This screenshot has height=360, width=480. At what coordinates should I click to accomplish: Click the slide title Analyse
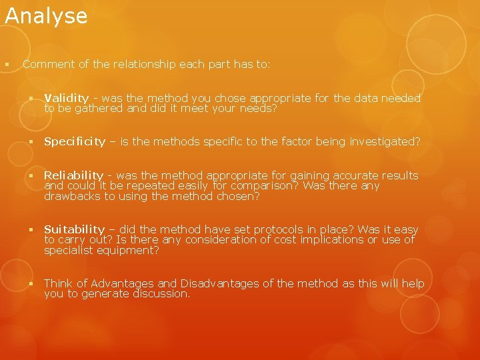coord(46,16)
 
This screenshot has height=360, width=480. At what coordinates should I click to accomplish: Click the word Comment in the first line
coord(49,65)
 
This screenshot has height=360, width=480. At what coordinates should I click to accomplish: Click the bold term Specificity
coord(75,141)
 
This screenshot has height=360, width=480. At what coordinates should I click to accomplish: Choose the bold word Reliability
coord(73,176)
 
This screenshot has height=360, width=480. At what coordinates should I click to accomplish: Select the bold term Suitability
coord(74,230)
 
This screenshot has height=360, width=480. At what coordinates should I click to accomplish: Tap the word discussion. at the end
coord(162,294)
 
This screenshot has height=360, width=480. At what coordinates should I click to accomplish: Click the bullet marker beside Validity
coord(31,99)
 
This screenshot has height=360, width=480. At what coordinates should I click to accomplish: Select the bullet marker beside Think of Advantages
coord(31,284)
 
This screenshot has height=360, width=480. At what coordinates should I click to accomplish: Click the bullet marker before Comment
coord(5,65)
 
